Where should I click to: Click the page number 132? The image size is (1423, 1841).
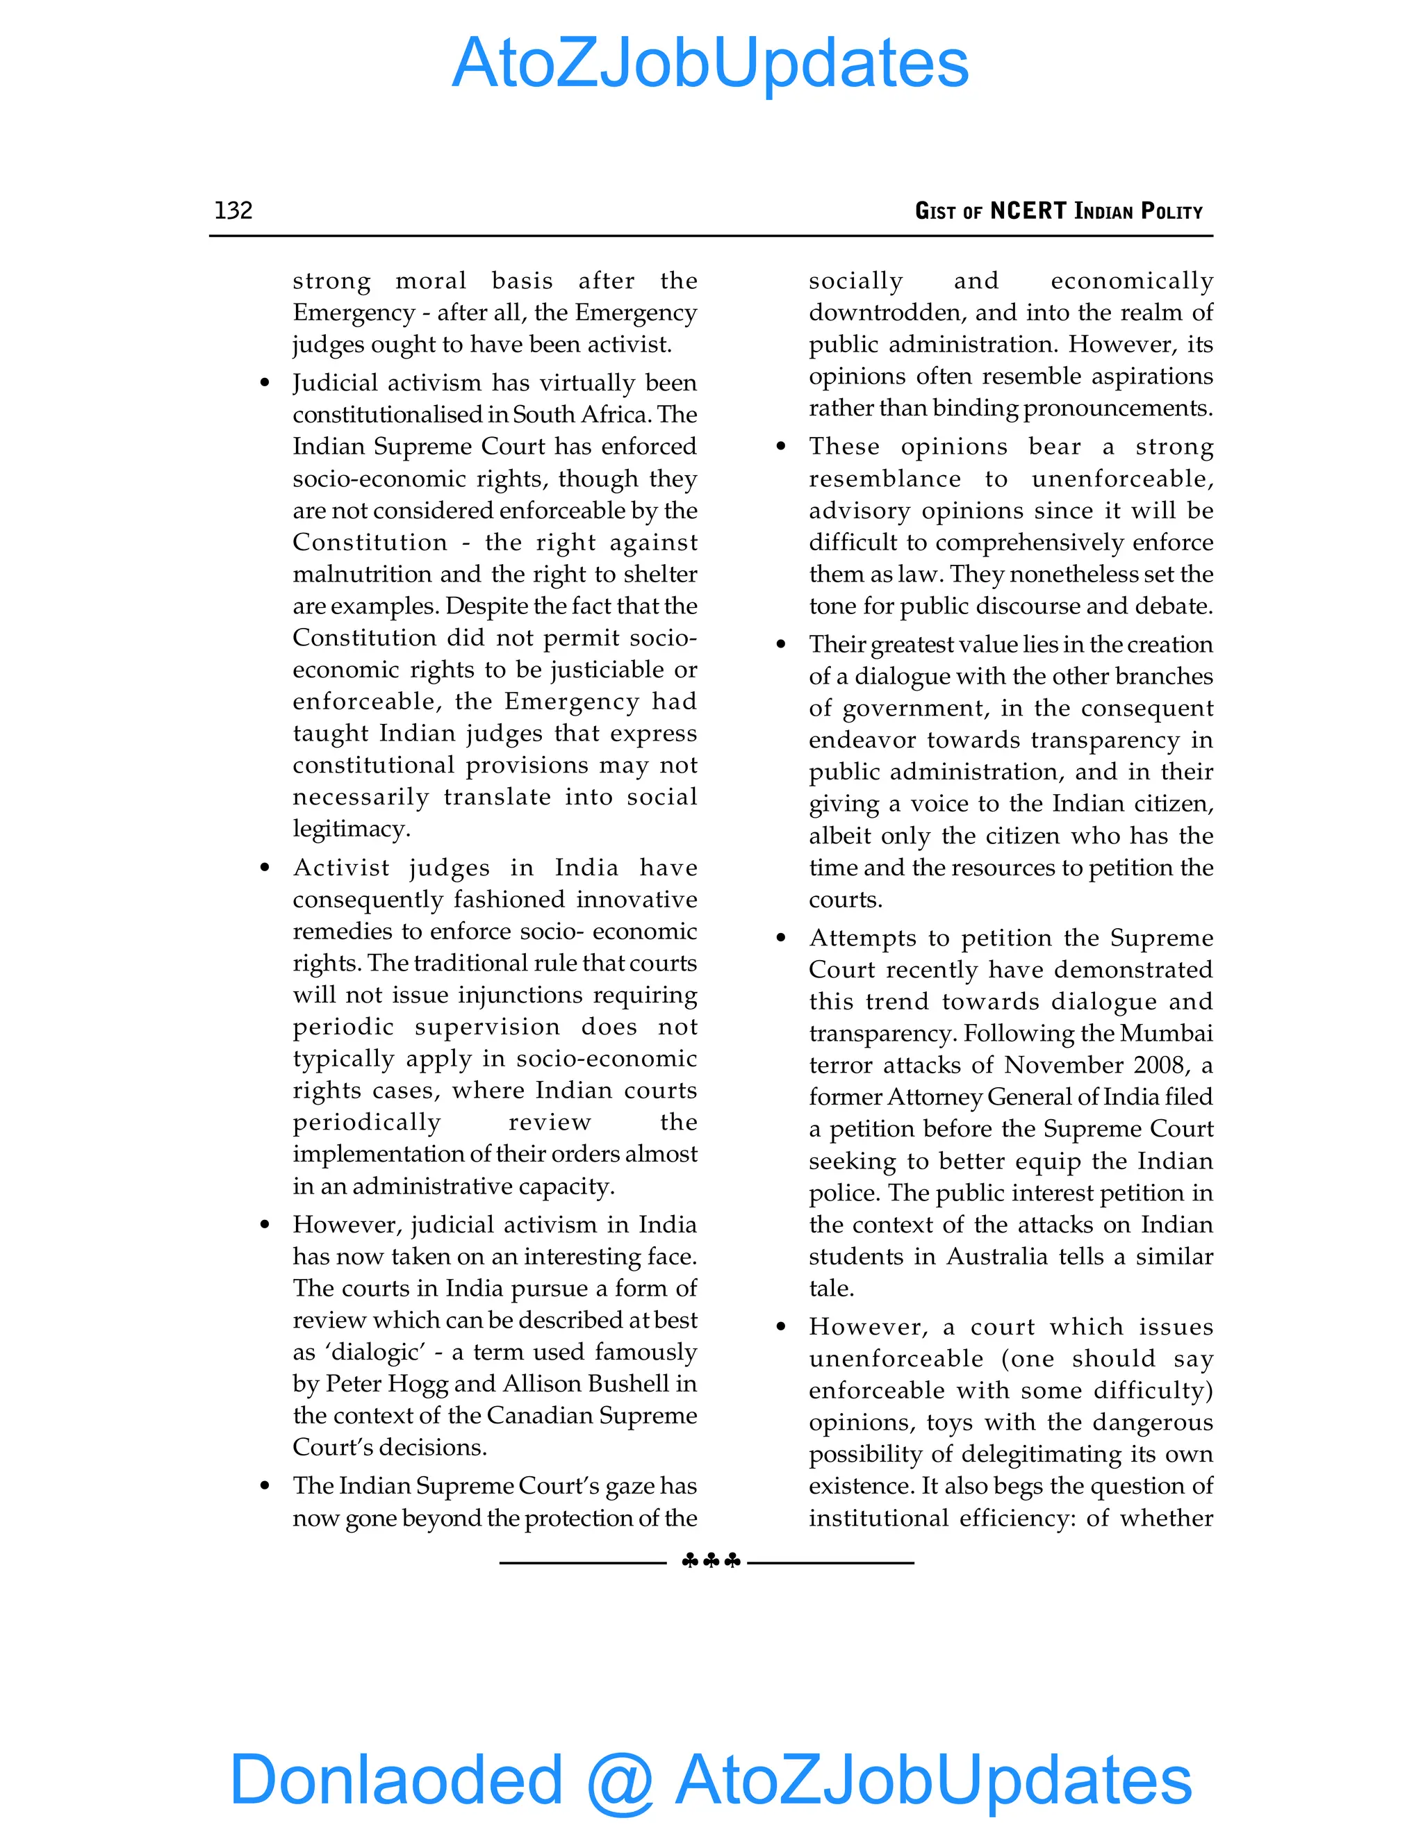[x=233, y=210]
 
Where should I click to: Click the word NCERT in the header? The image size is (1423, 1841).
[x=1028, y=210]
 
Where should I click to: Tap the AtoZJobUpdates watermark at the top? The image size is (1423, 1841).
[x=711, y=63]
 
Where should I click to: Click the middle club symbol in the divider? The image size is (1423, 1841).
[x=711, y=1561]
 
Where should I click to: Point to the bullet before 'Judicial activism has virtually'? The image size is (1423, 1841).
[x=265, y=383]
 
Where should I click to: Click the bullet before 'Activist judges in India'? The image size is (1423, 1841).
[x=265, y=868]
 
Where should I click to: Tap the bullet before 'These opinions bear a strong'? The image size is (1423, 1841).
[x=780, y=447]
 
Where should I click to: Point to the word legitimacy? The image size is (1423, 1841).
[x=351, y=829]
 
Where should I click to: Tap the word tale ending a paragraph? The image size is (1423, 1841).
[x=830, y=1289]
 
